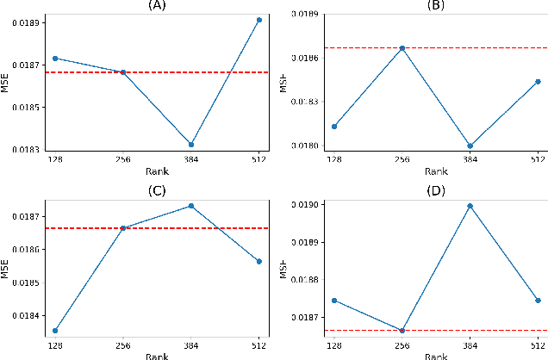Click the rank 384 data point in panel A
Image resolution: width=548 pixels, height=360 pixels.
[x=191, y=144]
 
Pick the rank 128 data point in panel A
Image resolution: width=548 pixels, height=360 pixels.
[x=55, y=58]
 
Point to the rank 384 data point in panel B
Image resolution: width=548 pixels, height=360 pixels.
[x=470, y=146]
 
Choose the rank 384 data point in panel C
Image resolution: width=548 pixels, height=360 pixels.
[x=191, y=206]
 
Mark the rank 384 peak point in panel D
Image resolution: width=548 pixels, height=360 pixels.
[x=470, y=206]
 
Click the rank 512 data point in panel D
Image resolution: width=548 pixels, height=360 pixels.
[x=538, y=301]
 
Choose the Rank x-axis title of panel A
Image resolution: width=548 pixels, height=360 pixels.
[x=157, y=171]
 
